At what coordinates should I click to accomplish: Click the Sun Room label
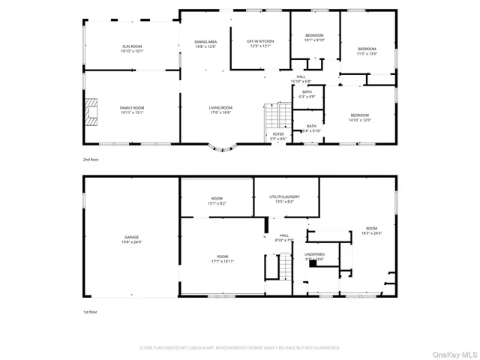(132, 49)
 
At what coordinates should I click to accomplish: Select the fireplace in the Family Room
(91, 111)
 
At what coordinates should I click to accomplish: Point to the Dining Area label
(205, 44)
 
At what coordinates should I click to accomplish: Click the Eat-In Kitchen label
(260, 44)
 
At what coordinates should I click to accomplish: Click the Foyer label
(278, 136)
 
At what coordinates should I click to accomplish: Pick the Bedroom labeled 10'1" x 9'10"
(314, 37)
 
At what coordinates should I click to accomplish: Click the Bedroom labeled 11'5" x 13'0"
(367, 51)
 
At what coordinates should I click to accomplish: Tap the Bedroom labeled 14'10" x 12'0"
(359, 118)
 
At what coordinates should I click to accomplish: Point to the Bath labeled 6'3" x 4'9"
(307, 94)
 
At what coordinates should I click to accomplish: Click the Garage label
(132, 239)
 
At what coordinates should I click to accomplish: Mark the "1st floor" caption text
(91, 310)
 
